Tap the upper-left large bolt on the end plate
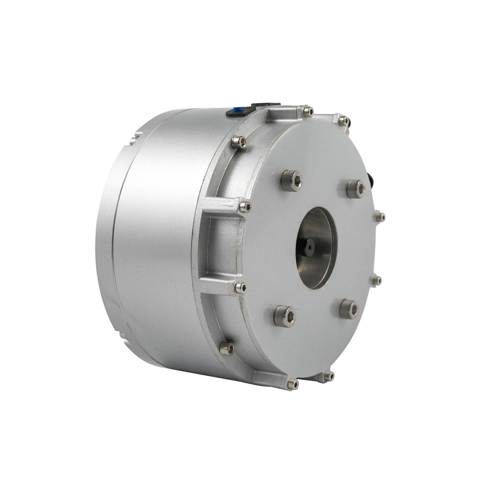pyautogui.click(x=291, y=180)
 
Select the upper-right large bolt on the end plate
pyautogui.click(x=356, y=188)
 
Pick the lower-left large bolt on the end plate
pyautogui.click(x=285, y=316)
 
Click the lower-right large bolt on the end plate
pyautogui.click(x=349, y=308)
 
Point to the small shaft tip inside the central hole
pyautogui.click(x=309, y=247)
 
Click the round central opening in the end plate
pyautogui.click(x=316, y=247)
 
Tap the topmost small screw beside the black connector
pyautogui.click(x=307, y=111)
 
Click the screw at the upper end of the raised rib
pyautogui.click(x=245, y=207)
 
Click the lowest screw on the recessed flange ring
pyautogui.click(x=226, y=348)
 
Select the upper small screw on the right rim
pyautogui.click(x=380, y=217)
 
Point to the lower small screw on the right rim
pyautogui.click(x=376, y=280)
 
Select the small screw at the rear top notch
pyautogui.click(x=132, y=141)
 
